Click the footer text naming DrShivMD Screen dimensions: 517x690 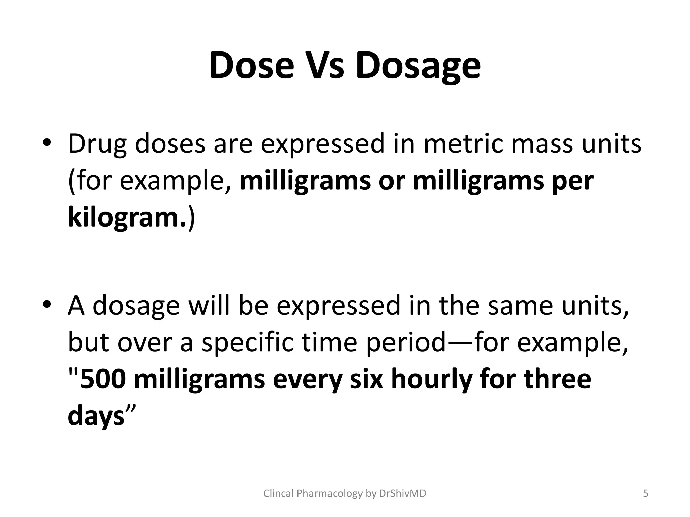[x=345, y=493]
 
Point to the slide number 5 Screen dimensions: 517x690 [x=646, y=493]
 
